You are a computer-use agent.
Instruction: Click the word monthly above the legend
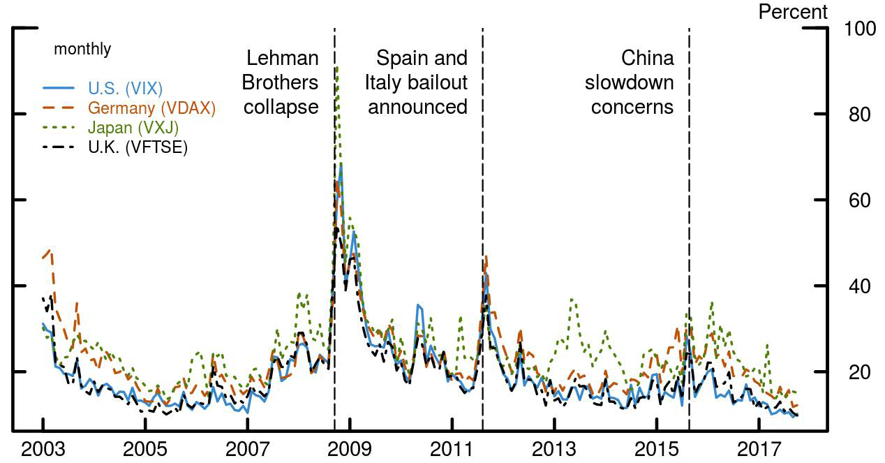click(82, 50)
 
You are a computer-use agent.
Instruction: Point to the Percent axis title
click(793, 12)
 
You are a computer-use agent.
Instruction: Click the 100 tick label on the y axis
click(859, 29)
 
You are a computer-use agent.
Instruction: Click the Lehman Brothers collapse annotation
click(280, 82)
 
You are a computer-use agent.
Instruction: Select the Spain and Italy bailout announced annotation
click(417, 82)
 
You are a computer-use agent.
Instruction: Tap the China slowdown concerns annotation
click(630, 82)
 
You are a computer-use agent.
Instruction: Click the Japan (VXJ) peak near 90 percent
click(337, 67)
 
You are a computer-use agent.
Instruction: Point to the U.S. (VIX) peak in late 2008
click(341, 164)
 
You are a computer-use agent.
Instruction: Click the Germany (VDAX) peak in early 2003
click(50, 250)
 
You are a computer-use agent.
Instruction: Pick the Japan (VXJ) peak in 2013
click(572, 299)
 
